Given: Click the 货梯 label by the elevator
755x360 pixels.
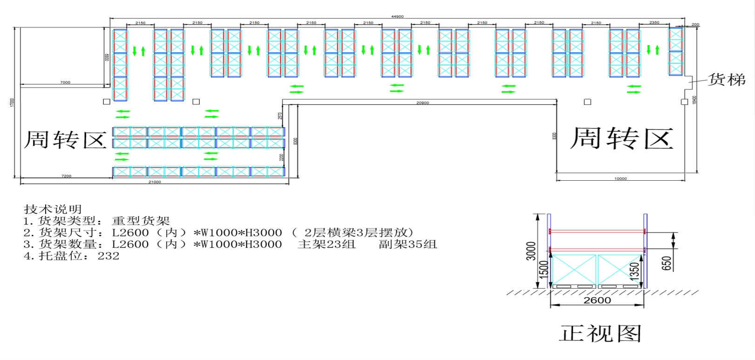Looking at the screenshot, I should coord(726,80).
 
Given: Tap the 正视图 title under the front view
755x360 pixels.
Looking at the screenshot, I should coord(600,333).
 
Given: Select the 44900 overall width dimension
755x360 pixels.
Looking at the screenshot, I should coord(397,16).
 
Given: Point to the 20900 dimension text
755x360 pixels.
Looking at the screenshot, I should coord(423,103).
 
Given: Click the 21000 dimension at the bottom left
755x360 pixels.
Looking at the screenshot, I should coord(155,182).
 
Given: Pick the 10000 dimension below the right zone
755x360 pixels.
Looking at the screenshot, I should coord(620,179).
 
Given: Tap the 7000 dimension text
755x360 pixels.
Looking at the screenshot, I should coord(65,82).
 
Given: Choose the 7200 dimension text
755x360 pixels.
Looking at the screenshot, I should coord(67,176).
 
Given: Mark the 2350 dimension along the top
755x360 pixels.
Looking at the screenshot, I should coord(654,22).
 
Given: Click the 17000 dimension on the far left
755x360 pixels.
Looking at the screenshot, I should coord(13,102).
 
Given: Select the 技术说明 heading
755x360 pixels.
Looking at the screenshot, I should coord(53,209).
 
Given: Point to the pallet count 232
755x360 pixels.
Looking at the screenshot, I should coord(108,256).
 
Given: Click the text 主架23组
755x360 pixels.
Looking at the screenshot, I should coord(326,245).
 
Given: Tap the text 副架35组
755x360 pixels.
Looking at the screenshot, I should coord(408,245).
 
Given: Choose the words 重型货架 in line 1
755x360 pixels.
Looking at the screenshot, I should coord(141,221).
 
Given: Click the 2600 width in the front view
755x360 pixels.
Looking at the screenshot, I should coord(597,300).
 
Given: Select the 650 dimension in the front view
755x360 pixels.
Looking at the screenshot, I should coord(667,263).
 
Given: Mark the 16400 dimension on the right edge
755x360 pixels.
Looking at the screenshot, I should coord(694,100).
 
